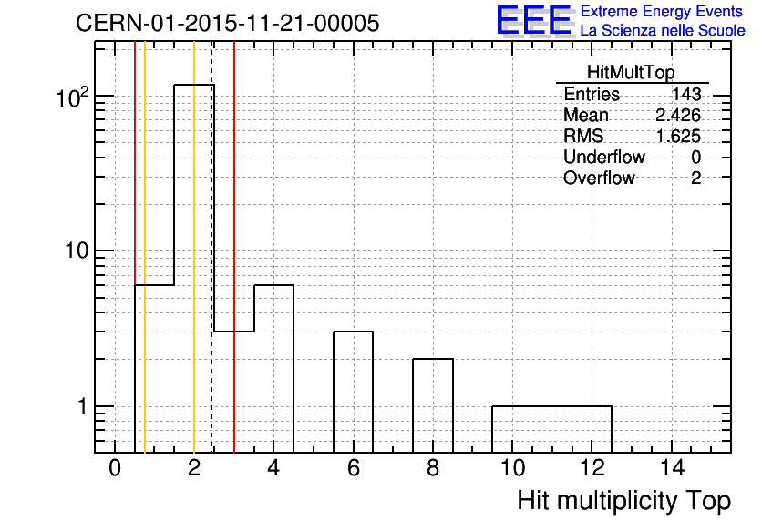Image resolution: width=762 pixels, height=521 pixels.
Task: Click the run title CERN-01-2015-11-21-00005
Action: pyautogui.click(x=228, y=23)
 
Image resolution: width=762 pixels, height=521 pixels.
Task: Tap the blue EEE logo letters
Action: pyautogui.click(x=534, y=20)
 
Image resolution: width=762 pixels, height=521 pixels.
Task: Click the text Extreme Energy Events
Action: pyautogui.click(x=662, y=11)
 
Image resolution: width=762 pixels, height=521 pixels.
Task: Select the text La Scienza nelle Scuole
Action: pyautogui.click(x=663, y=31)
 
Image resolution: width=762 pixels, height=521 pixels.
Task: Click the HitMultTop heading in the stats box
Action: pyautogui.click(x=631, y=72)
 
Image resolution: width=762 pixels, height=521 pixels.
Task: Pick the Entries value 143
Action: pyautogui.click(x=686, y=94)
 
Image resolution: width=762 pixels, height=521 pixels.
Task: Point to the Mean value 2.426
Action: pyautogui.click(x=678, y=115)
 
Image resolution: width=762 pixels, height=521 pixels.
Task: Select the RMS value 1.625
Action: pyautogui.click(x=678, y=137)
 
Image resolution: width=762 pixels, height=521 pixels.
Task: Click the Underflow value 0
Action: pyautogui.click(x=695, y=157)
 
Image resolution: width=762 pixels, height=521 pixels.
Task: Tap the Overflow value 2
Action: pyautogui.click(x=695, y=179)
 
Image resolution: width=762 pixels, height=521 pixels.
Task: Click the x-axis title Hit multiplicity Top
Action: pyautogui.click(x=624, y=501)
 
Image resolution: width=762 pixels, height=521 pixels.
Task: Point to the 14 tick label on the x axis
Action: pyautogui.click(x=672, y=468)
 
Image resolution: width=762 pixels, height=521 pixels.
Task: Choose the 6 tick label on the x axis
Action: pyautogui.click(x=354, y=468)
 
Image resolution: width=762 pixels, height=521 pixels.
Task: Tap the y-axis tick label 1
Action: pyautogui.click(x=83, y=406)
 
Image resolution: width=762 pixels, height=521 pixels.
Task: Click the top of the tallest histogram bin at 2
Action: pyautogui.click(x=194, y=85)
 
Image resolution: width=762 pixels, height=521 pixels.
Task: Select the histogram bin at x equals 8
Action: pyautogui.click(x=433, y=405)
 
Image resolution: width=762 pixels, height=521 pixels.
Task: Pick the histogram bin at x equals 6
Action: pyautogui.click(x=354, y=392)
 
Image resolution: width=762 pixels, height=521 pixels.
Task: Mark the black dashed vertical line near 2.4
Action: pyautogui.click(x=211, y=247)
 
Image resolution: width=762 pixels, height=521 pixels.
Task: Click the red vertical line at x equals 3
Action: pyautogui.click(x=234, y=247)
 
